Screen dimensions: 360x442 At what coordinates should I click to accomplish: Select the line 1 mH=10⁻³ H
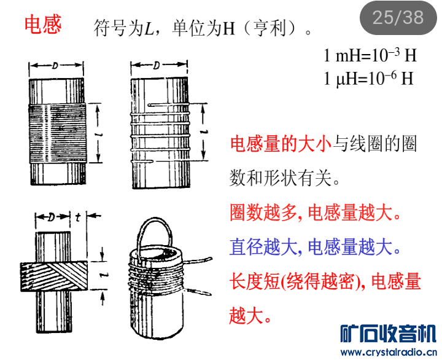coord(370,56)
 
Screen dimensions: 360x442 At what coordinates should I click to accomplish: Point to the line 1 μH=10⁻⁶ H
coord(369,79)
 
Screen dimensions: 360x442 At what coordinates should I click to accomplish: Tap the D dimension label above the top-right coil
coord(157,65)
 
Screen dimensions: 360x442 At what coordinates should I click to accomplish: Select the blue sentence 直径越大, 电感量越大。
coord(316,248)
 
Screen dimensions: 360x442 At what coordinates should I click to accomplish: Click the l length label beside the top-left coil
coord(101,133)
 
